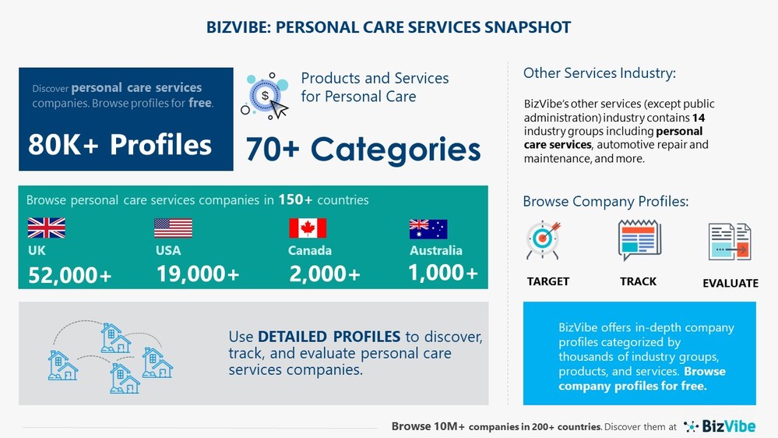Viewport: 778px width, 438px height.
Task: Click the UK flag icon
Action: click(x=47, y=228)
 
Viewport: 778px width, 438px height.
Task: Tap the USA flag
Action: click(x=173, y=228)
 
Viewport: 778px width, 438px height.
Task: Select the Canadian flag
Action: click(x=308, y=228)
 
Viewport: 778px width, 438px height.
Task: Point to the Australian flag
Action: click(x=428, y=228)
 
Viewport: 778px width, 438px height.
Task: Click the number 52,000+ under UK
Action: click(x=70, y=274)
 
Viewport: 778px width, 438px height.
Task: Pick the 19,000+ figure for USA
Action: click(x=198, y=274)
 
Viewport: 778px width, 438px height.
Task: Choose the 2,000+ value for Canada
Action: click(x=325, y=274)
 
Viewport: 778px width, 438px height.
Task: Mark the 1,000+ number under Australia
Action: click(x=443, y=272)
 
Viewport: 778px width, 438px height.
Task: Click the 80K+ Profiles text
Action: click(x=120, y=144)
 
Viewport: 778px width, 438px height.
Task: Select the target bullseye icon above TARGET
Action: click(x=543, y=240)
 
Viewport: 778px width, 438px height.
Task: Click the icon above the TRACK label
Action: click(x=639, y=240)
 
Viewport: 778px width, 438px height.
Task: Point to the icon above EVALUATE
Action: click(x=730, y=241)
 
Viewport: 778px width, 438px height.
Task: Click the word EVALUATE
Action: click(x=730, y=283)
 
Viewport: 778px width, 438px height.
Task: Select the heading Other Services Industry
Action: click(x=600, y=73)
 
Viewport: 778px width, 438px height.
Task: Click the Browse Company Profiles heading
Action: click(x=606, y=203)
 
